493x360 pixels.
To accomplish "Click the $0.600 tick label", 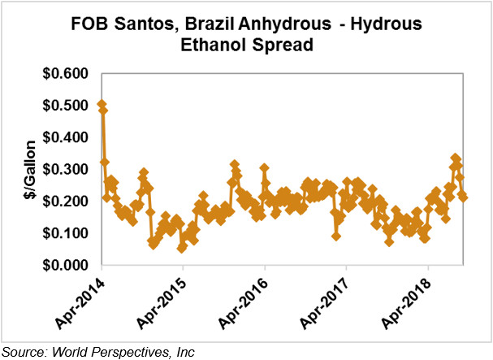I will (x=67, y=74).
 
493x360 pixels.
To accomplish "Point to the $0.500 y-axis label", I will (x=67, y=106).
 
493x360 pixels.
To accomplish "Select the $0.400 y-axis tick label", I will (x=67, y=137).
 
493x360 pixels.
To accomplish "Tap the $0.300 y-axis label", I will (x=67, y=169).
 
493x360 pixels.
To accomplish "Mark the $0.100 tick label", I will (x=67, y=233).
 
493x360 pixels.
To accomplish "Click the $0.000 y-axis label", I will (x=67, y=265).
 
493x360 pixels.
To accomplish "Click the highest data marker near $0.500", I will (x=101, y=105).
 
